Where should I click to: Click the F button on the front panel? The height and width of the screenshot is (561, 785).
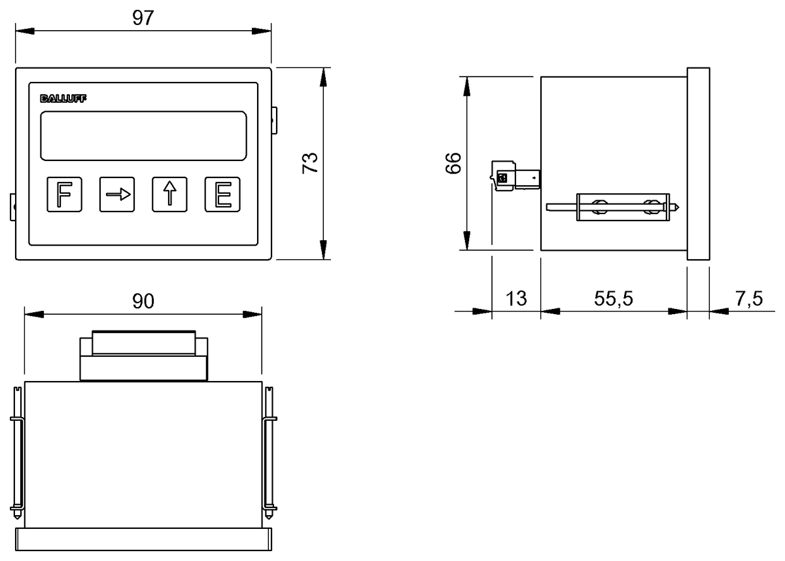click(x=65, y=194)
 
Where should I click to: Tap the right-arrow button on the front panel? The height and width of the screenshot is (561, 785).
click(x=117, y=194)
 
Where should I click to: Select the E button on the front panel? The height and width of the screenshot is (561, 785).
click(x=222, y=194)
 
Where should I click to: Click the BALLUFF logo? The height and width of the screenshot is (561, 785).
click(x=63, y=99)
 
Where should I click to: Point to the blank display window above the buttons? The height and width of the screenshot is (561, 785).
click(x=143, y=136)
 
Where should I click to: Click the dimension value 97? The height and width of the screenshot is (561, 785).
click(x=143, y=18)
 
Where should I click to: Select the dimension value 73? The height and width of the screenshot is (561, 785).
click(x=310, y=163)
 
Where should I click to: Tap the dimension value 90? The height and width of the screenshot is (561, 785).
click(x=143, y=301)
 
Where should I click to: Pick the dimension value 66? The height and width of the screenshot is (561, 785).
click(x=453, y=163)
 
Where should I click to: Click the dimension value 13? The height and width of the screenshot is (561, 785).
click(x=516, y=299)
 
